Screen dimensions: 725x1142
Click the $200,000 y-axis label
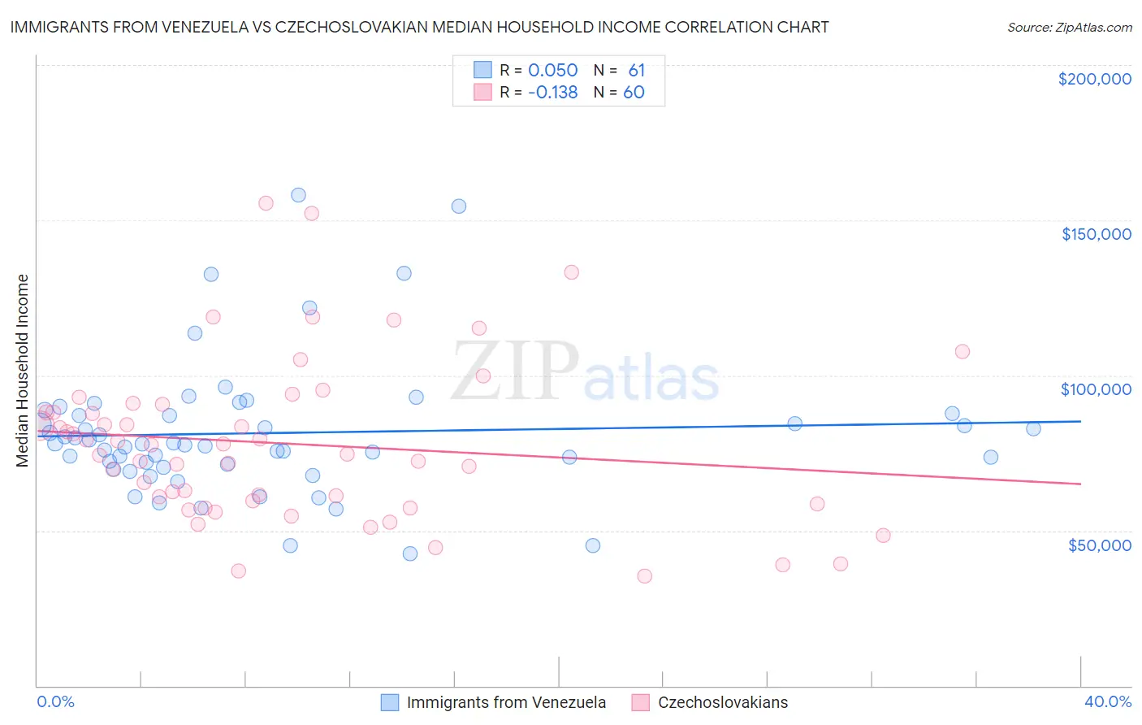pyautogui.click(x=1094, y=79)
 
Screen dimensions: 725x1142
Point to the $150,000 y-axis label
pyautogui.click(x=1096, y=234)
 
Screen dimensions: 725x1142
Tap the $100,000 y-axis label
pyautogui.click(x=1096, y=389)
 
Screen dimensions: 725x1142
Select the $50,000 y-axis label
pyautogui.click(x=1099, y=545)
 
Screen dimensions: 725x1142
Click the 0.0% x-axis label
pyautogui.click(x=55, y=701)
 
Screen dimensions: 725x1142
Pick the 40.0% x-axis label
pyautogui.click(x=1107, y=701)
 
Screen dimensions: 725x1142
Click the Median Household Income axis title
pyautogui.click(x=22, y=371)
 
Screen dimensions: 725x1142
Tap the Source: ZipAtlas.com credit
pyautogui.click(x=1069, y=27)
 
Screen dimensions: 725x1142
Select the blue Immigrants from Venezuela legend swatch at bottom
pyautogui.click(x=390, y=702)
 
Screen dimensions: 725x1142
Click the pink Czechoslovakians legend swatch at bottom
pyautogui.click(x=641, y=702)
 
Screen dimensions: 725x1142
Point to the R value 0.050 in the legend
pyautogui.click(x=552, y=70)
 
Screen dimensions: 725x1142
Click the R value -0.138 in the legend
pyautogui.click(x=552, y=93)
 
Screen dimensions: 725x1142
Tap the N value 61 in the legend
pyautogui.click(x=636, y=70)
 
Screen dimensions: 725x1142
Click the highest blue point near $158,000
pyautogui.click(x=298, y=195)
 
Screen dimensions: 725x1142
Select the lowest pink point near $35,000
pyautogui.click(x=645, y=576)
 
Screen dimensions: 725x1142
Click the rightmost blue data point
pyautogui.click(x=1033, y=429)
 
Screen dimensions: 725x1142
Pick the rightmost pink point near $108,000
pyautogui.click(x=962, y=352)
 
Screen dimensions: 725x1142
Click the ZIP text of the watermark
pyautogui.click(x=515, y=371)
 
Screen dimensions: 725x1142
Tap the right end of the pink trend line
pyautogui.click(x=1080, y=484)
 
